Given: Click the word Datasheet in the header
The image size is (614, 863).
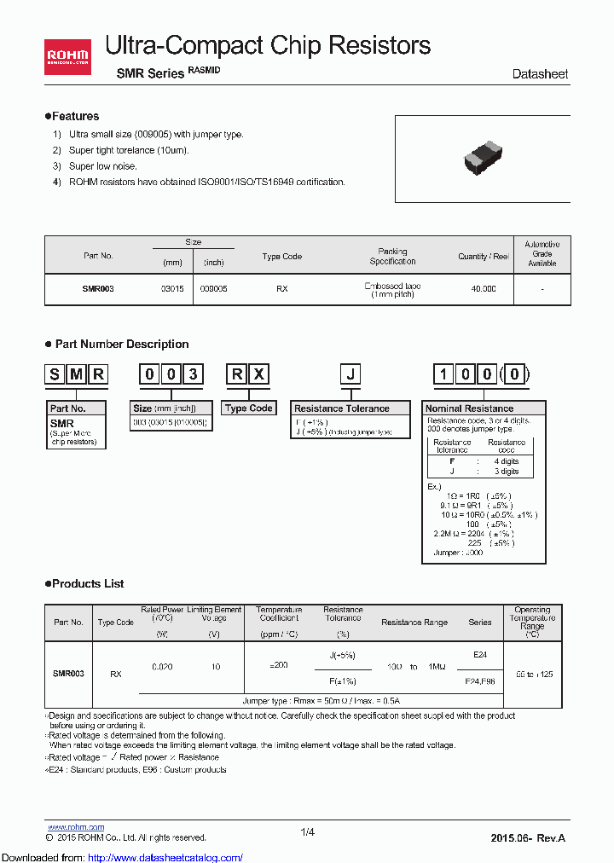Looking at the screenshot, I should [540, 74].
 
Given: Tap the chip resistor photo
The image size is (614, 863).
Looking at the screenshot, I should [484, 158].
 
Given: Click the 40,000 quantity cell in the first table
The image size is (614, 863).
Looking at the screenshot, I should [484, 289].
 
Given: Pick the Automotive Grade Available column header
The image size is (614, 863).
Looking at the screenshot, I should [542, 254].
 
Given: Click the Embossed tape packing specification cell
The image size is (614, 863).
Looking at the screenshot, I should [392, 290].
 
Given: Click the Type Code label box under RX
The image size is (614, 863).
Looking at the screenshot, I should [248, 408].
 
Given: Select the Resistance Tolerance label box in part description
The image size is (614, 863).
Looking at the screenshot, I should [341, 408].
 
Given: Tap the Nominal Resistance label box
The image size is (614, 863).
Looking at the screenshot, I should [471, 408].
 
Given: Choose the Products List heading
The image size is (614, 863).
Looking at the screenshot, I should [84, 584].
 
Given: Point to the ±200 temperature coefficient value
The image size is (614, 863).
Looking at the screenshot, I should [279, 664].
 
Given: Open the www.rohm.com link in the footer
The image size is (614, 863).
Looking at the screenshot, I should [75, 826].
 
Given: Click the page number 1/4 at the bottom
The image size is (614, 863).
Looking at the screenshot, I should [307, 832].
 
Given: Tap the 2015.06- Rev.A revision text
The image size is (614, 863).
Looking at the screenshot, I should [527, 838].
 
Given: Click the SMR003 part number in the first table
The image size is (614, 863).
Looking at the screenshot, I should [98, 289].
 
